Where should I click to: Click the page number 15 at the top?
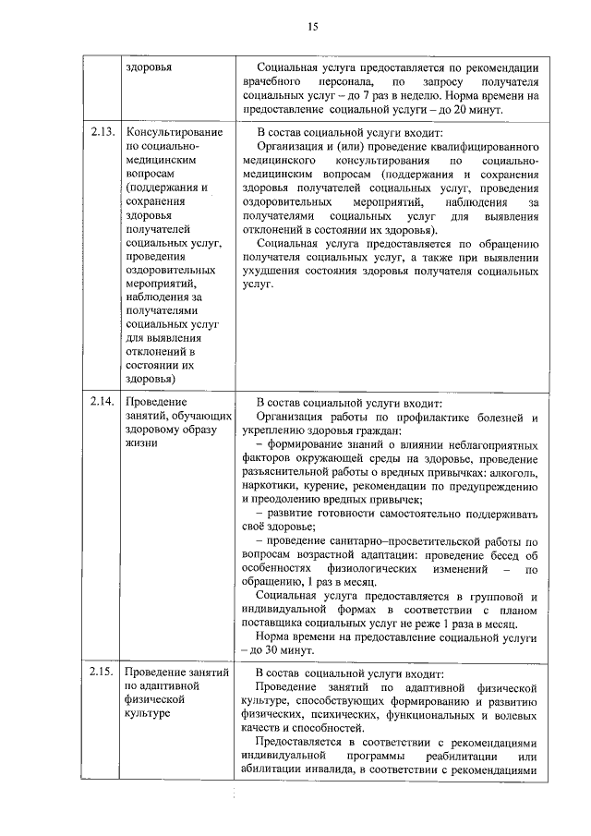313,27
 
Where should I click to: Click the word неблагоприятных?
484,445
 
